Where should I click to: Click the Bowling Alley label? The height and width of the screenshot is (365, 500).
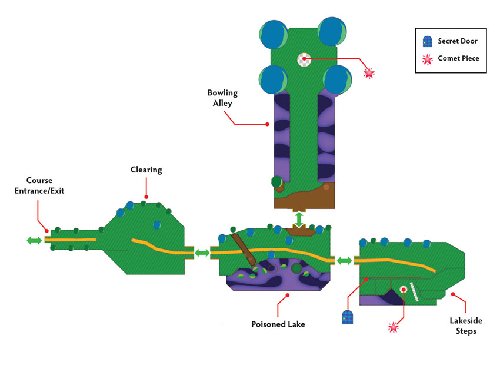pos(222,98)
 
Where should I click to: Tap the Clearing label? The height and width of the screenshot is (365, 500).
pos(146,170)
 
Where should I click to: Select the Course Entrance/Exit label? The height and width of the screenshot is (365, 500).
pos(39,185)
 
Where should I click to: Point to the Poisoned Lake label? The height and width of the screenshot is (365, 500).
pos(278,324)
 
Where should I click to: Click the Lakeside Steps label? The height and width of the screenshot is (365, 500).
pos(466,326)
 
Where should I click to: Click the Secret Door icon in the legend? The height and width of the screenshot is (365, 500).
pos(427,41)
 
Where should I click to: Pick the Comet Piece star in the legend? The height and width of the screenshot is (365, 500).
pos(427,59)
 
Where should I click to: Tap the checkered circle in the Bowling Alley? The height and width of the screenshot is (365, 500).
pos(304,59)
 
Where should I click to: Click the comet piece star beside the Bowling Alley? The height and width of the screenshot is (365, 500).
pos(369,73)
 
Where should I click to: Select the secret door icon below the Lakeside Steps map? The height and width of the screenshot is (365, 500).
pos(347,317)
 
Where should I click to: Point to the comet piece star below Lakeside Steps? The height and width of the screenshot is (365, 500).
pos(393,327)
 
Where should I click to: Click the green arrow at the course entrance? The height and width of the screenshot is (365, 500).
pos(34,240)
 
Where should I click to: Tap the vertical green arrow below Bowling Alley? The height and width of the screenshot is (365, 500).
pos(299,220)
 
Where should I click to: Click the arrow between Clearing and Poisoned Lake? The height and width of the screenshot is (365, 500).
pos(202,253)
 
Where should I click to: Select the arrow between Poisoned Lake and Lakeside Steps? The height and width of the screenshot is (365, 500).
pos(344,261)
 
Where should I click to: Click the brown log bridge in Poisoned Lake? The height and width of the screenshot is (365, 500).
pos(244,250)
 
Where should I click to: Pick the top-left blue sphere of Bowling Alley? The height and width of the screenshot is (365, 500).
pos(274,35)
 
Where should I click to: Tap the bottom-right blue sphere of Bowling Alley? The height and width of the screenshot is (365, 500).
pos(338,79)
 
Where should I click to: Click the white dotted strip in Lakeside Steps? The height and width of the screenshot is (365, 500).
pos(414,292)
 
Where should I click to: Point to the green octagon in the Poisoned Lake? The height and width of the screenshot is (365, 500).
pos(296,268)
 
